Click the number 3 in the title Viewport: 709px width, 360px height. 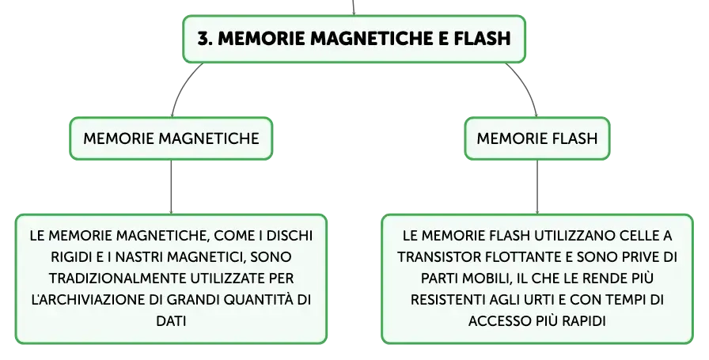pos(204,39)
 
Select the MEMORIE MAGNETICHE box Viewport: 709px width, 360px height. pos(171,138)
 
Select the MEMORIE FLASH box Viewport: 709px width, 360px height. pos(537,138)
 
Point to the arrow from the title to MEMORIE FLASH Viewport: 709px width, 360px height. pos(526,86)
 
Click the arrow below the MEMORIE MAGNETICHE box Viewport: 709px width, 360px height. pos(171,187)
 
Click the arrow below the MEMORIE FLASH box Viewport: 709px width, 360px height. pos(537,187)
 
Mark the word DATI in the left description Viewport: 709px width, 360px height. pos(171,320)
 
